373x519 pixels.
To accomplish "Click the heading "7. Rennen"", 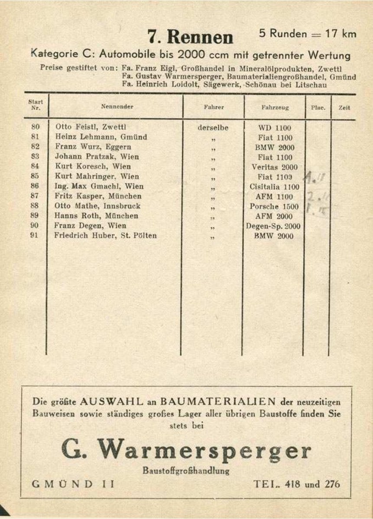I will [191, 37].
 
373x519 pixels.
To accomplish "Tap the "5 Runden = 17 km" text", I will [308, 34].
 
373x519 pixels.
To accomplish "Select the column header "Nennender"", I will [117, 106].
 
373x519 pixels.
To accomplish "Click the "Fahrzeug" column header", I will [275, 107].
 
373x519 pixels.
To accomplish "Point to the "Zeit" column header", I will [344, 107].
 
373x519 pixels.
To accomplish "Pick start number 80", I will [36, 127].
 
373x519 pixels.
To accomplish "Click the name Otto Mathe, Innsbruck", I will [97, 206].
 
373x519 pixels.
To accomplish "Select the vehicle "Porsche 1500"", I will [274, 207].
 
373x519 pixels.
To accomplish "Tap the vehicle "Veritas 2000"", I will [274, 167].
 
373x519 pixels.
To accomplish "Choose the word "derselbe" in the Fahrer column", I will [213, 128].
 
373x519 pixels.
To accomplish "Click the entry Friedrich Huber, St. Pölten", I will [105, 236].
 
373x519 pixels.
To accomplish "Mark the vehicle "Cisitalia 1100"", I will [274, 187].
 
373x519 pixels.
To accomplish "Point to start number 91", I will [36, 236].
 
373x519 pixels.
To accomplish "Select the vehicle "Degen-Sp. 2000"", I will [273, 226].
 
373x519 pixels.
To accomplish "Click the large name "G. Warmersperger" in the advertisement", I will [186, 451].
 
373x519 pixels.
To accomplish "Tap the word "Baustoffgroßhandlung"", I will [186, 471].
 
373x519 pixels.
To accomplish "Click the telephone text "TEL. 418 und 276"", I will [297, 484].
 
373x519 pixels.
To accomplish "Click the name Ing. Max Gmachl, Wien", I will [99, 186].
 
